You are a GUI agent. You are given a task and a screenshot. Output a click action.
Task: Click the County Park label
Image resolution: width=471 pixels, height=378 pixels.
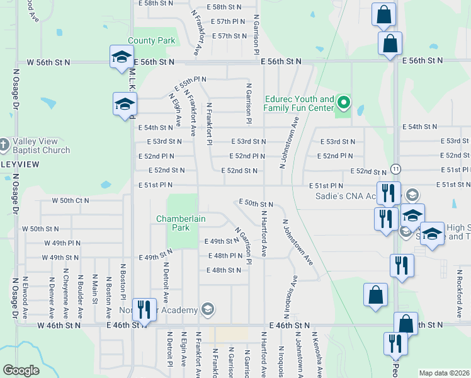click(151, 41)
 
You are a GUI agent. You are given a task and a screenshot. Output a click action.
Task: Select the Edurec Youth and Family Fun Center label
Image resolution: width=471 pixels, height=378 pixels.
click(299, 104)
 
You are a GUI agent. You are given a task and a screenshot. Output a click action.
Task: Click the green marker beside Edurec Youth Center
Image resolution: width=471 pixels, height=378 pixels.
click(343, 101)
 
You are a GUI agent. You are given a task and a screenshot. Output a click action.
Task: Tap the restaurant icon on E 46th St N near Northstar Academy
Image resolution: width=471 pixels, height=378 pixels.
click(144, 309)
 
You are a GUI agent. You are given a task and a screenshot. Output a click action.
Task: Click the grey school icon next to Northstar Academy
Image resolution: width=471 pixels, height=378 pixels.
click(208, 309)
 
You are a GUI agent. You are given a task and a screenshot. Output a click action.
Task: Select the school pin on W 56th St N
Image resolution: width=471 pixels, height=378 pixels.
click(120, 57)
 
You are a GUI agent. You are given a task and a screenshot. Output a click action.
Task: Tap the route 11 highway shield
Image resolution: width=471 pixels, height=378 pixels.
click(395, 169)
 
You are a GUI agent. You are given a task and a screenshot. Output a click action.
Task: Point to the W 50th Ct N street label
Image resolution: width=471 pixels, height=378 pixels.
click(70, 201)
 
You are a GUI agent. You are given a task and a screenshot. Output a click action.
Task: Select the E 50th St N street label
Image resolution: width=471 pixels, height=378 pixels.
click(256, 204)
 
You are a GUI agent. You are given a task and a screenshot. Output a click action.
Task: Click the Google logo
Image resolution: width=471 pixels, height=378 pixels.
click(21, 370)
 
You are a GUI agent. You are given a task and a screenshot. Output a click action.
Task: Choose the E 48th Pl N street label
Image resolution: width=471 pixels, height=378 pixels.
click(225, 256)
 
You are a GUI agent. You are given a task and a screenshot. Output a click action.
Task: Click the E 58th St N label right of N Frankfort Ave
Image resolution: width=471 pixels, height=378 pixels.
click(227, 7)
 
